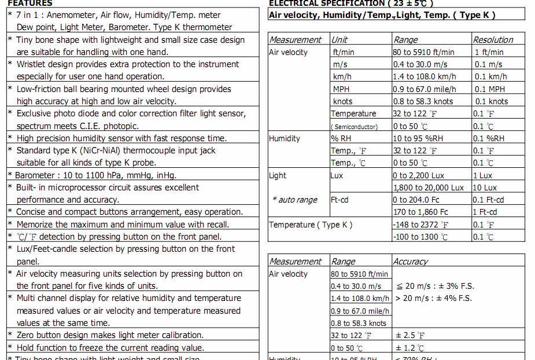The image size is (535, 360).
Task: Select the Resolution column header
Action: click(x=493, y=40)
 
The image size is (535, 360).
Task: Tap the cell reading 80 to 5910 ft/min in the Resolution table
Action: click(x=423, y=52)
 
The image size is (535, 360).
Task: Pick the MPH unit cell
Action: click(x=341, y=89)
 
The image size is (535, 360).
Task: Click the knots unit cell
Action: click(x=342, y=101)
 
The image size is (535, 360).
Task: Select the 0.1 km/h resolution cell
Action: click(x=490, y=77)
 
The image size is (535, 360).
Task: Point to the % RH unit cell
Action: click(x=342, y=138)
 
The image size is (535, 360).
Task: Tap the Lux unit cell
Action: click(x=337, y=175)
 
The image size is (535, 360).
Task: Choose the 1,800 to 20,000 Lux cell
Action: click(x=429, y=188)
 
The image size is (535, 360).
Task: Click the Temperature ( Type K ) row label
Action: click(x=311, y=225)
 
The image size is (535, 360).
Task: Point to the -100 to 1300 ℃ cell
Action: click(x=420, y=237)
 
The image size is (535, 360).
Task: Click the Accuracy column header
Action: click(x=411, y=262)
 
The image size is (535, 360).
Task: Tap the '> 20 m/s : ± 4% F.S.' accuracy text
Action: click(x=433, y=299)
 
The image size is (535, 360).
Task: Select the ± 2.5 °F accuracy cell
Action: click(x=410, y=336)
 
